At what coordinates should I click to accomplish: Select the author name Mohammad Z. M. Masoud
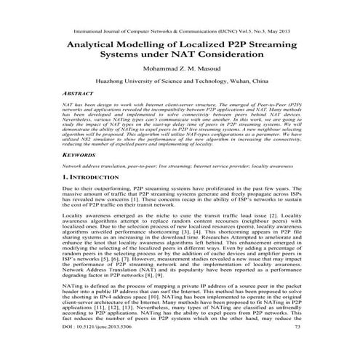coord(179,71)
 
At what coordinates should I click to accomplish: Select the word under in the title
coord(163,56)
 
